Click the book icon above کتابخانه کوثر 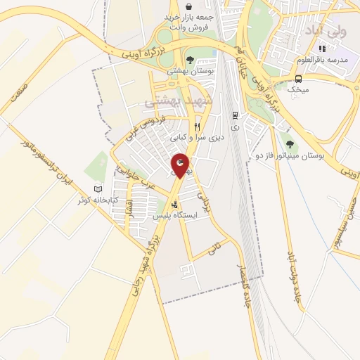[x=98, y=189]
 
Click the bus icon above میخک [x=299, y=78]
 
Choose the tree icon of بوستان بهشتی [x=190, y=60]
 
